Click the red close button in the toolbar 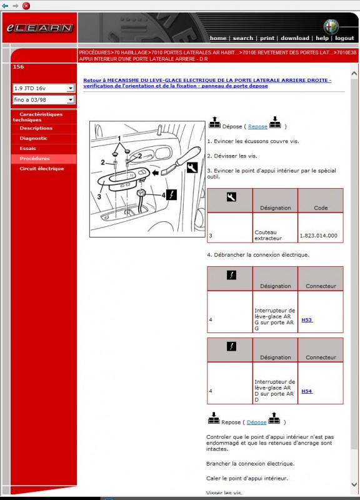tap(26, 6)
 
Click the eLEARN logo tap(40, 28)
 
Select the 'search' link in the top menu tap(242, 38)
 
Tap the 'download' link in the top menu tap(295, 38)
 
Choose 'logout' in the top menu tap(344, 38)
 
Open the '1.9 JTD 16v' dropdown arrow tap(71, 88)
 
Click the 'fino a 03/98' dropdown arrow tap(71, 100)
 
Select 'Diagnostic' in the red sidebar tap(34, 138)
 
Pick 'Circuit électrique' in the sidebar tap(42, 169)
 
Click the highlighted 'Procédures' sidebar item tap(34, 159)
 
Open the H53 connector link tap(307, 320)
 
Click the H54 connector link tap(307, 391)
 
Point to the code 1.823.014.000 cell tap(319, 236)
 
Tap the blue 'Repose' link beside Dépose tap(257, 127)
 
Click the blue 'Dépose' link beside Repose tap(256, 422)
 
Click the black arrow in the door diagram tap(155, 173)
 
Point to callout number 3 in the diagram tap(99, 197)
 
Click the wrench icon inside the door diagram tap(192, 167)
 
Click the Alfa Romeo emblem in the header tap(331, 27)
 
